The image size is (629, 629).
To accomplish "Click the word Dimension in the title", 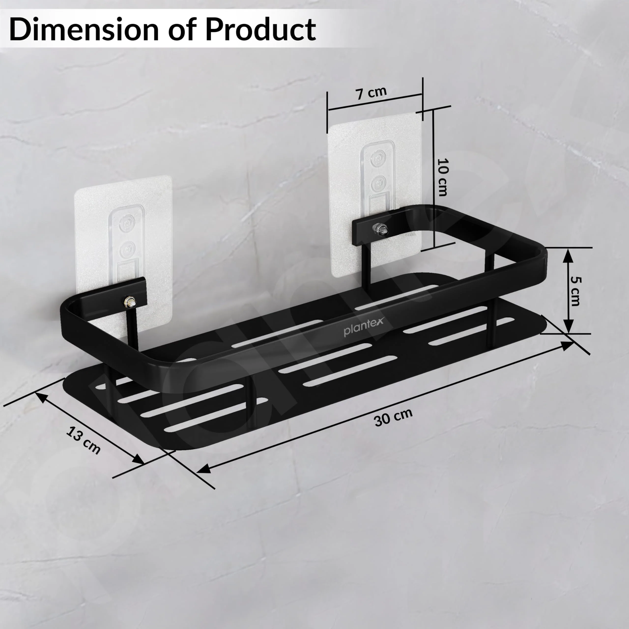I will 84,30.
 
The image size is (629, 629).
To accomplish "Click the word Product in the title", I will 260,30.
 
